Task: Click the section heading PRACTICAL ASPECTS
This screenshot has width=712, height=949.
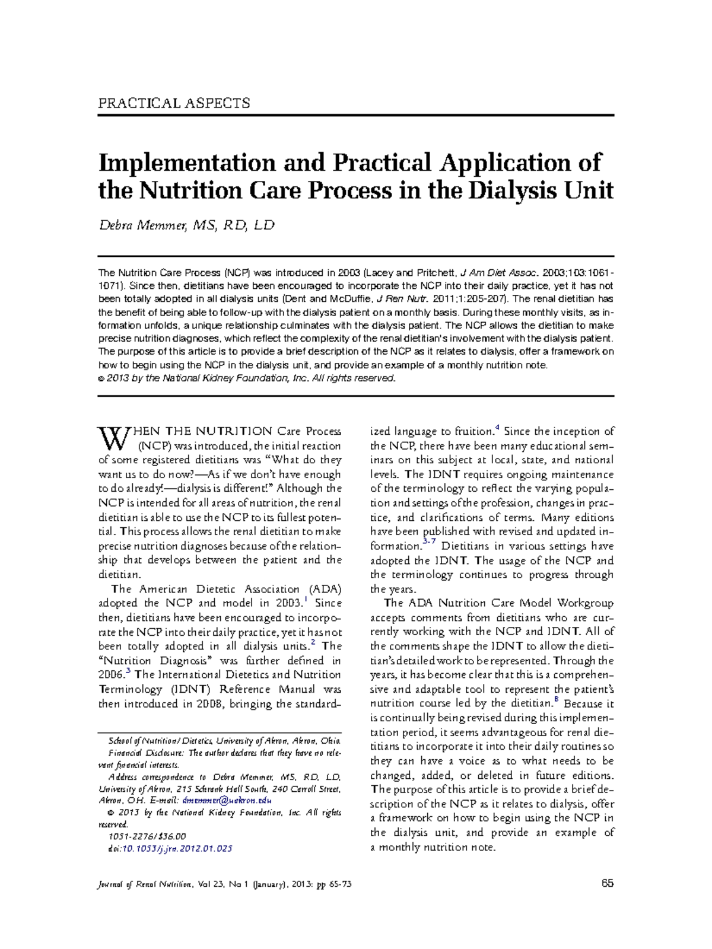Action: [x=174, y=103]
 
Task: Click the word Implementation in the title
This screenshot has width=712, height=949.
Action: [x=186, y=163]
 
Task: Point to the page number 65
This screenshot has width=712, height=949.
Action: [x=607, y=884]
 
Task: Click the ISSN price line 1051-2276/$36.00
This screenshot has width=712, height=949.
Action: [x=147, y=837]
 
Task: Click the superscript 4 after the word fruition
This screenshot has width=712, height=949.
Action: [x=497, y=428]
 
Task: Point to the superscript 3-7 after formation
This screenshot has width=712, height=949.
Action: [x=429, y=542]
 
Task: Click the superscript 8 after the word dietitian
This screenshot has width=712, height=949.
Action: [x=556, y=700]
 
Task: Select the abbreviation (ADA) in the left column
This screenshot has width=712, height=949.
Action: [x=324, y=589]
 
